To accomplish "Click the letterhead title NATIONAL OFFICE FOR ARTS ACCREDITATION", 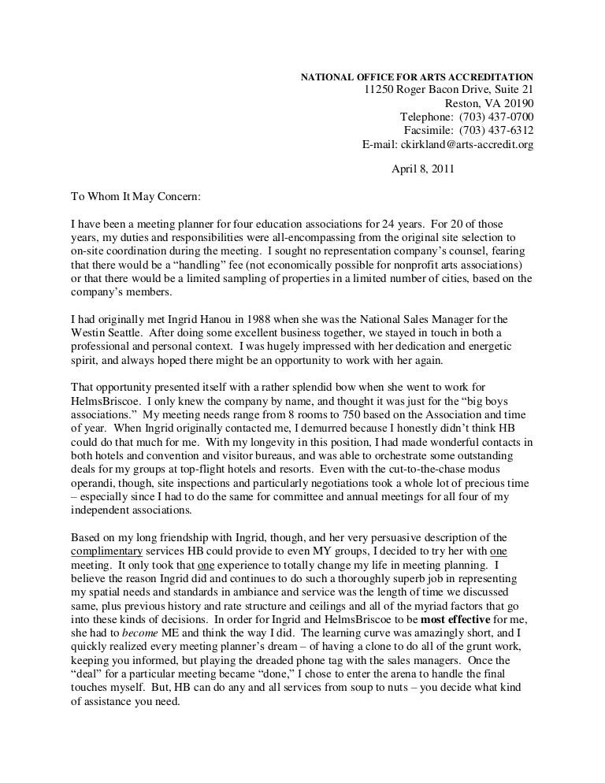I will [x=418, y=77].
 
